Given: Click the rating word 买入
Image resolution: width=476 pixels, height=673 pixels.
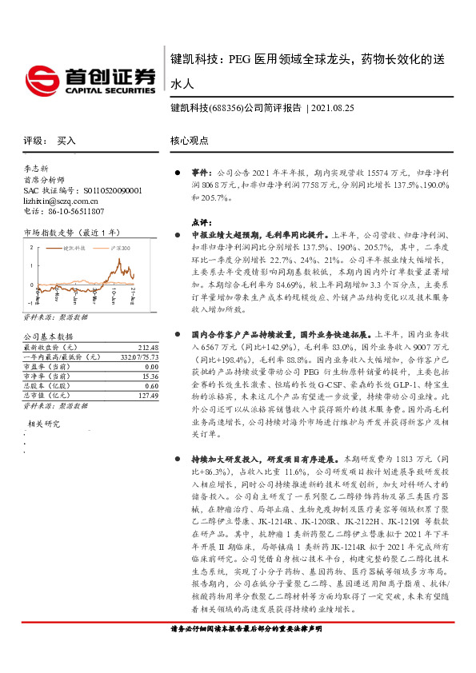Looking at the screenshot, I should click(66, 140).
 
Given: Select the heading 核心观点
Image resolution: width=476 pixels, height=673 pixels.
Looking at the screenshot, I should click(189, 140).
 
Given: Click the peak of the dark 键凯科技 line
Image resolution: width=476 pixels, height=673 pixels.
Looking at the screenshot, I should click(119, 261).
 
